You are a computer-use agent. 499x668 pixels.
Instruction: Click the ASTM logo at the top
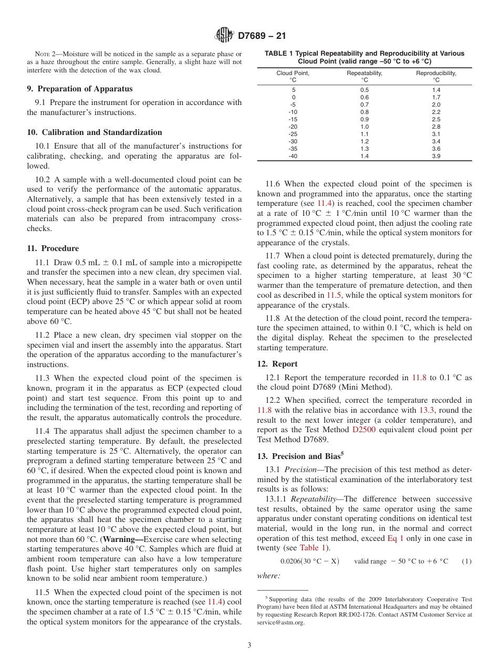tap(224, 36)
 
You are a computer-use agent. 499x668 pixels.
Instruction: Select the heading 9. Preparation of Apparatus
tap(80, 89)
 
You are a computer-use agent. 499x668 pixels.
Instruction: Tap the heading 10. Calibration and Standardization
tap(95, 132)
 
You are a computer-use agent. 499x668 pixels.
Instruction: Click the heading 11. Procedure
tap(53, 248)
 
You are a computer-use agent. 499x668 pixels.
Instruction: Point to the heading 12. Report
tap(277, 364)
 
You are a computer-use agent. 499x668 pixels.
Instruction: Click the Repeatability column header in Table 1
tap(364, 77)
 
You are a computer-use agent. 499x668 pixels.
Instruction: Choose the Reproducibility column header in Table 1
tap(436, 77)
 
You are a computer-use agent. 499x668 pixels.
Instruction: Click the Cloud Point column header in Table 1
tap(293, 77)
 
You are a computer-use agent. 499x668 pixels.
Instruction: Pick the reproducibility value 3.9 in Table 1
tap(436, 156)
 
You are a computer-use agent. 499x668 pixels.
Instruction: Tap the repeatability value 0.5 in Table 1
tap(364, 90)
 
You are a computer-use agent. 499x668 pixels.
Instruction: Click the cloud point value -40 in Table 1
tap(293, 156)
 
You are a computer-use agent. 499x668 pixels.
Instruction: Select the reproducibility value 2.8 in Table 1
tap(436, 127)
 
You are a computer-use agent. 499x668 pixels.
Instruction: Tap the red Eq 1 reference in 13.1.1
tap(396, 538)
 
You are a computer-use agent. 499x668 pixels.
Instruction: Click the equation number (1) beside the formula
tap(466, 561)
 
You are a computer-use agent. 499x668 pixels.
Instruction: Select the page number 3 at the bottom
tap(249, 645)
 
